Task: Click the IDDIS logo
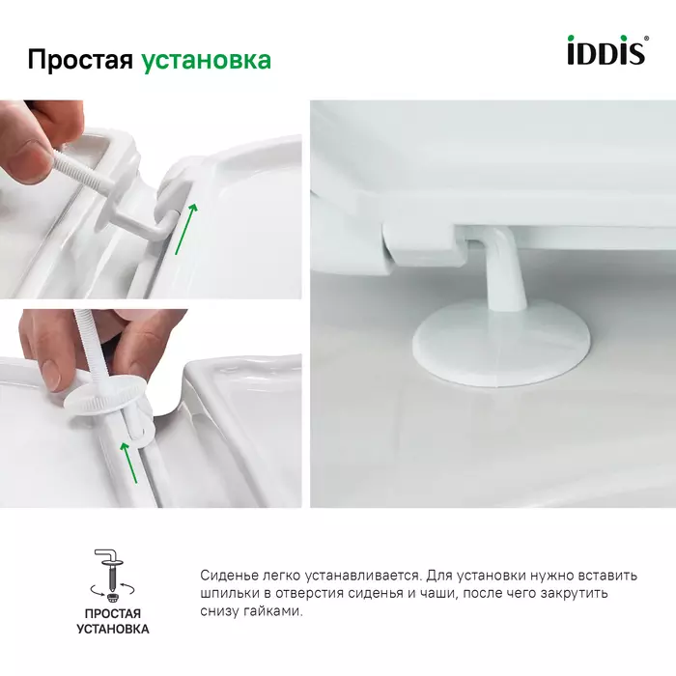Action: tap(606, 50)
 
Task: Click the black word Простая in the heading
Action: tap(80, 60)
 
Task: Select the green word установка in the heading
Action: tap(206, 61)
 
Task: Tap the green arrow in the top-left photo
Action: tap(186, 229)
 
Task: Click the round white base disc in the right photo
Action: tap(502, 344)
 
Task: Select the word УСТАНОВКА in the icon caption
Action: tap(113, 629)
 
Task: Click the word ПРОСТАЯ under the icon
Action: tap(113, 613)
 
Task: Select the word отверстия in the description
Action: tap(307, 594)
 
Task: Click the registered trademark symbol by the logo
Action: tap(646, 38)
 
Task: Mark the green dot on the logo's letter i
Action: tap(572, 39)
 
